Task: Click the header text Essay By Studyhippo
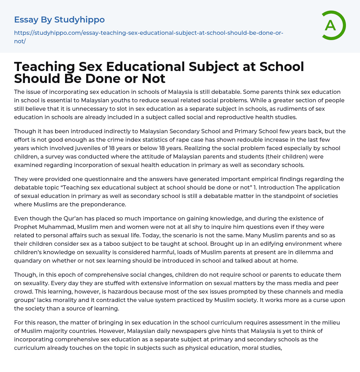click(x=59, y=20)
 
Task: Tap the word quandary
click(x=30, y=260)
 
